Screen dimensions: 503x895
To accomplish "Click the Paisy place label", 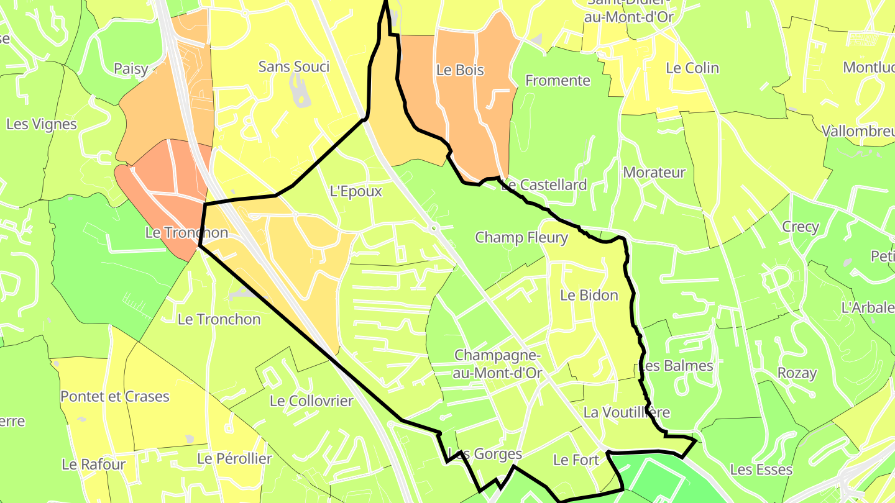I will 131,68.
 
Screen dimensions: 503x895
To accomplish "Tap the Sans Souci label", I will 294,66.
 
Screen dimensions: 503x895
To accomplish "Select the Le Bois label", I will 460,70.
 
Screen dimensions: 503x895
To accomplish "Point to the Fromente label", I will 558,80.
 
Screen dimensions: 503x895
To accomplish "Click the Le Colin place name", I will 692,68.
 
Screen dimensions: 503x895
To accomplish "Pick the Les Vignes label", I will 41,124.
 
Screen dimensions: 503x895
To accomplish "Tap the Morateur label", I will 654,173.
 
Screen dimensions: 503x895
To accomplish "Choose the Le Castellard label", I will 544,185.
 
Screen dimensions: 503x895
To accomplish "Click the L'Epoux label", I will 356,191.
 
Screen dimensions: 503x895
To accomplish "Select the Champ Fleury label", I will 521,237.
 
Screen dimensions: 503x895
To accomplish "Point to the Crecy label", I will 801,227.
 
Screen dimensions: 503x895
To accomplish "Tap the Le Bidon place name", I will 589,296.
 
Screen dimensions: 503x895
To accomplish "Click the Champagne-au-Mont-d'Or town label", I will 498,364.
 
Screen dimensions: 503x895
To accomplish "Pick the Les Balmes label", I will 676,366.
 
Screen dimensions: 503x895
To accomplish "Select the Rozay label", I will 797,373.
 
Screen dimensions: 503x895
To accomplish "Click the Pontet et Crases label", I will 115,396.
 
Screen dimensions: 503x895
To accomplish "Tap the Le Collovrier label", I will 311,401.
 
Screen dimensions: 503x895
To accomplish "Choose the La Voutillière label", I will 626,412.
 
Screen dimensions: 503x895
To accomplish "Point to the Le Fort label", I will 576,460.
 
